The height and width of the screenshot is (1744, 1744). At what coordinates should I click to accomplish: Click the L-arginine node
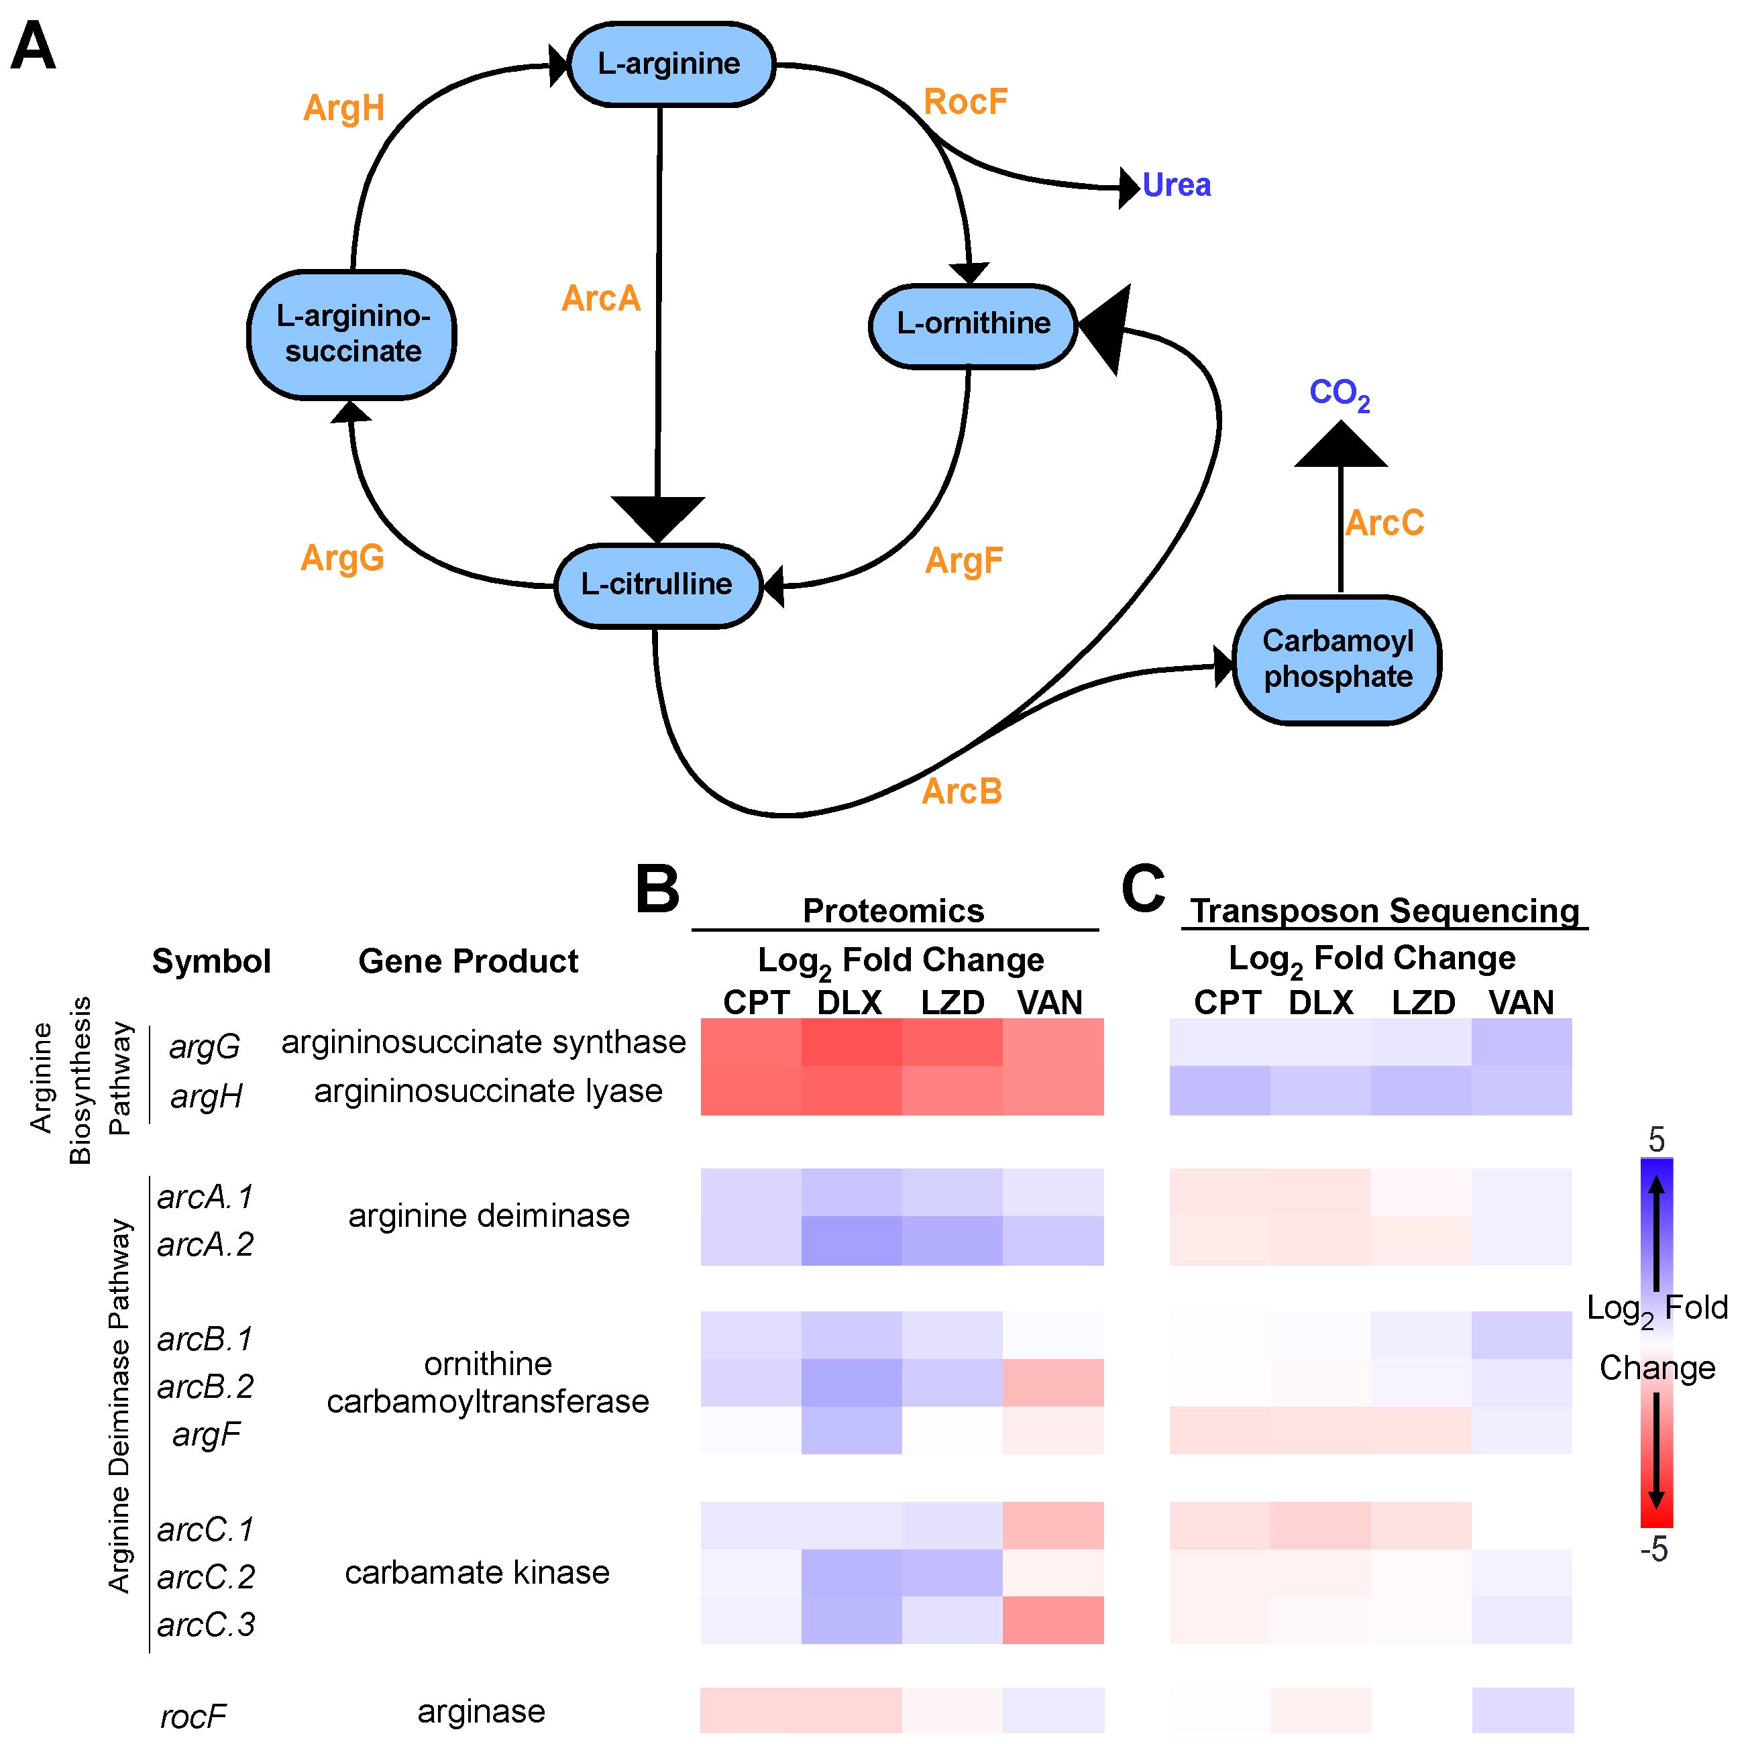[x=670, y=64]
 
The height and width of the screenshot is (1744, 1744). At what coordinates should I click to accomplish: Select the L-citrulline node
[x=657, y=585]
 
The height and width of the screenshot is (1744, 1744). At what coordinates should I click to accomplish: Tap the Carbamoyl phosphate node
[x=1337, y=660]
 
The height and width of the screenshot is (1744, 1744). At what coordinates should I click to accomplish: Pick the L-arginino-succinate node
[x=352, y=334]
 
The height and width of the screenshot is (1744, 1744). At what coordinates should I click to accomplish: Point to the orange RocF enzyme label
[x=965, y=102]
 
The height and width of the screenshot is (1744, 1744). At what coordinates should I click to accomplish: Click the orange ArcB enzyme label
[x=961, y=792]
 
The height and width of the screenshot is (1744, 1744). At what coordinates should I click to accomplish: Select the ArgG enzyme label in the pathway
[x=342, y=558]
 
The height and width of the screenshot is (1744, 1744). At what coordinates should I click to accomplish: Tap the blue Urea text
[x=1177, y=185]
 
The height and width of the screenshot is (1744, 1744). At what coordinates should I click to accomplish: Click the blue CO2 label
[x=1339, y=394]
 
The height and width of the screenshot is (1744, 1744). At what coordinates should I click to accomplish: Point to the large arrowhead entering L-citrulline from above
[x=657, y=518]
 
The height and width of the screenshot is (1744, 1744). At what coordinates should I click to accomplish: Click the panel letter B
[x=657, y=889]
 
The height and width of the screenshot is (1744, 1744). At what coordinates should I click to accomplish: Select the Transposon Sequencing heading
[x=1384, y=911]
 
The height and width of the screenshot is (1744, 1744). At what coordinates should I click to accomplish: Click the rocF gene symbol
[x=193, y=1716]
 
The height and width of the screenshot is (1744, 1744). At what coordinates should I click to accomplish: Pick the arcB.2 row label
[x=206, y=1386]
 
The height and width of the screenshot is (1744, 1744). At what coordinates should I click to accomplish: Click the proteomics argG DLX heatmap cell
[x=851, y=1042]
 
